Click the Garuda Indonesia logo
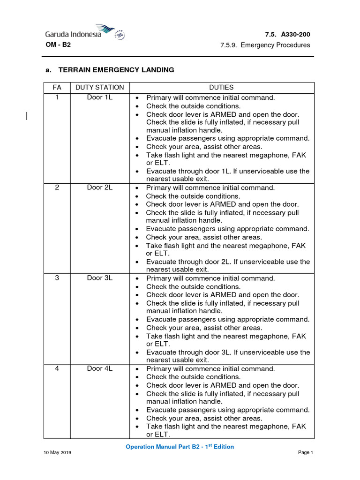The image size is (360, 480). [x=85, y=33]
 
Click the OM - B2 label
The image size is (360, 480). [x=58, y=45]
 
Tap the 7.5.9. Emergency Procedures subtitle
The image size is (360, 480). [x=265, y=45]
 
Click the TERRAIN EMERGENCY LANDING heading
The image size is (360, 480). [x=116, y=70]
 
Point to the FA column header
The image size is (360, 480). [x=57, y=87]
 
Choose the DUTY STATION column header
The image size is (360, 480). [x=99, y=87]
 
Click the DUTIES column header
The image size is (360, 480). [x=221, y=87]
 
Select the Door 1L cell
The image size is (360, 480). [x=99, y=97]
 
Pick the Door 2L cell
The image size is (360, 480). [x=99, y=187]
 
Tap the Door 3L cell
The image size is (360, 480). [x=99, y=278]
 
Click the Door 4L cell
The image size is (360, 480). [x=99, y=368]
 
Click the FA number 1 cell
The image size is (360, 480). [x=57, y=97]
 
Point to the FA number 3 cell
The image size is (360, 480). [x=57, y=278]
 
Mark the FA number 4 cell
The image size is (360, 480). [x=57, y=368]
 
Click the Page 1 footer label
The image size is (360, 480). [x=305, y=452]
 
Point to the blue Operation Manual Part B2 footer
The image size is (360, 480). [x=180, y=447]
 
